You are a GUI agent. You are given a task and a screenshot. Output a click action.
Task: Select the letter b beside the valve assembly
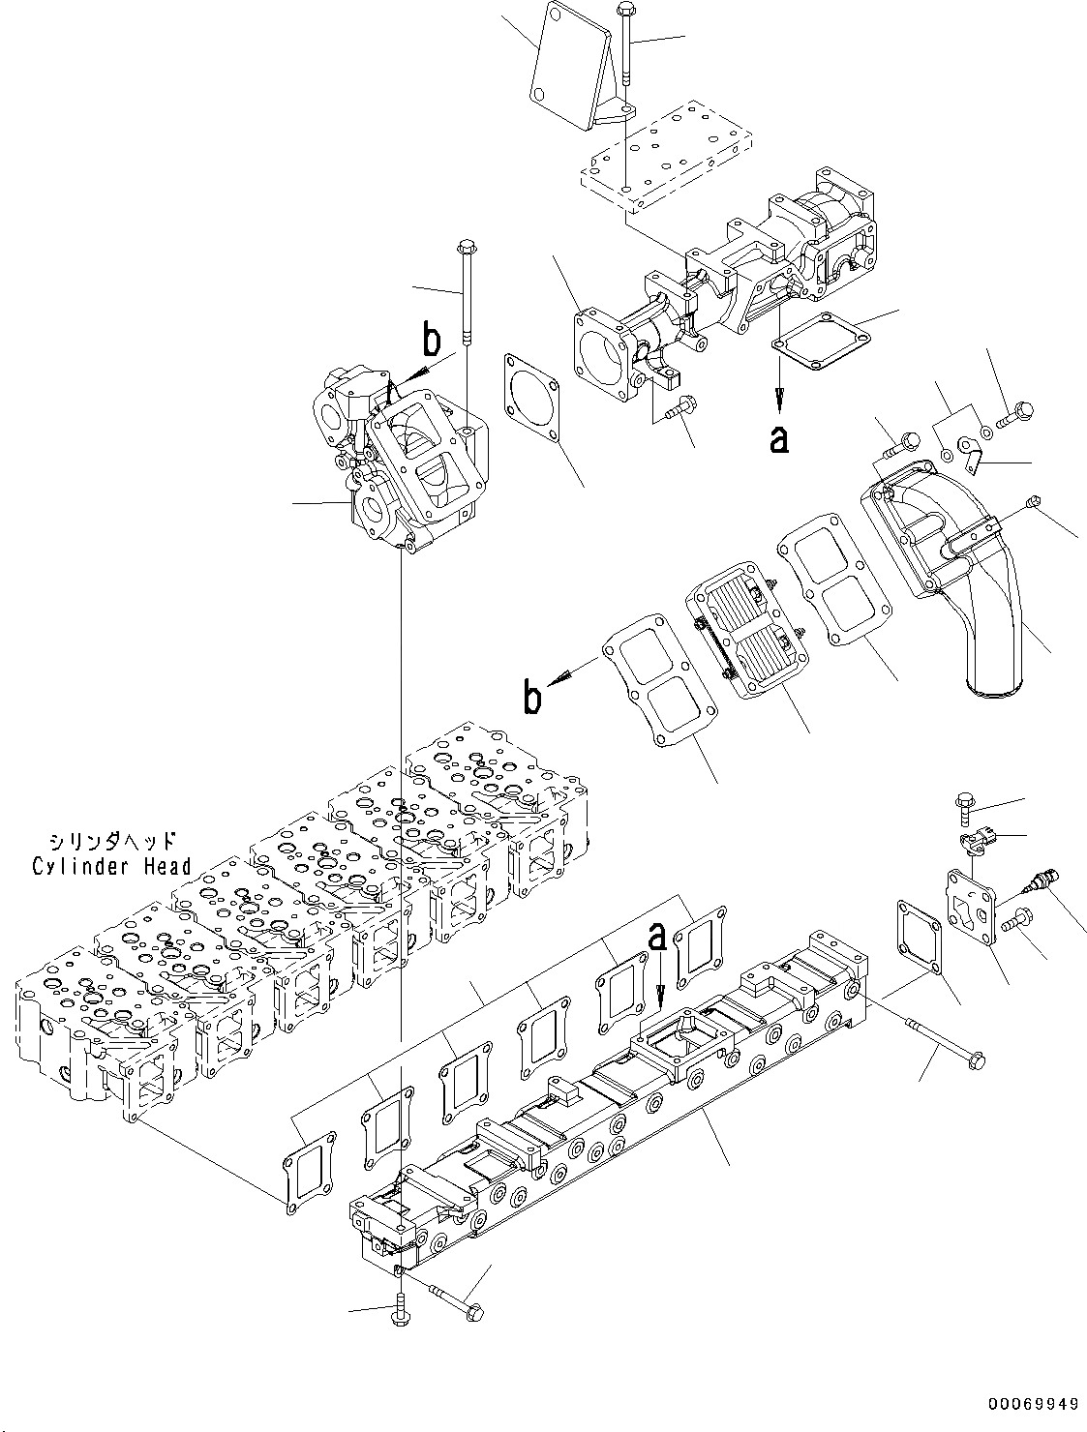point(431,342)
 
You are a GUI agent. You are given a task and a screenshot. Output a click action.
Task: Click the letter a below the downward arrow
point(778,439)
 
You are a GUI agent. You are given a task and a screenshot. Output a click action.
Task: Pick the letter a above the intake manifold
point(657,937)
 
